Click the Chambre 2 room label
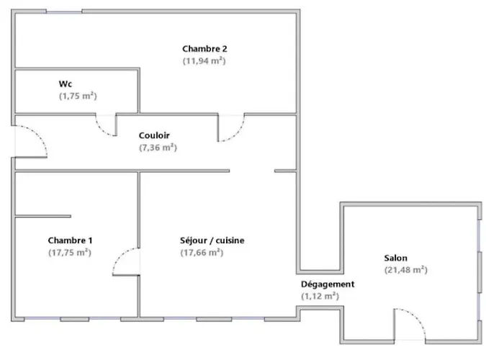[x=204, y=49]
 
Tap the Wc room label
[x=66, y=84]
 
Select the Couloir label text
[x=154, y=135]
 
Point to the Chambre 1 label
[x=70, y=240]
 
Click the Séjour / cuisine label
[x=212, y=240]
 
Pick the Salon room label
[x=396, y=258]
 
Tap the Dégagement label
[x=328, y=284]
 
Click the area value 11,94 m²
[x=204, y=60]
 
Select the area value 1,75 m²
[x=78, y=96]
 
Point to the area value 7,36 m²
[x=158, y=148]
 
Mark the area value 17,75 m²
[x=70, y=253]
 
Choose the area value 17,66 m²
[x=202, y=253]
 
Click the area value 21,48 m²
[x=406, y=270]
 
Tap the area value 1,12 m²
[x=320, y=296]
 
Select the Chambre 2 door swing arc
[x=237, y=134]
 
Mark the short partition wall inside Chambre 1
[x=43, y=216]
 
